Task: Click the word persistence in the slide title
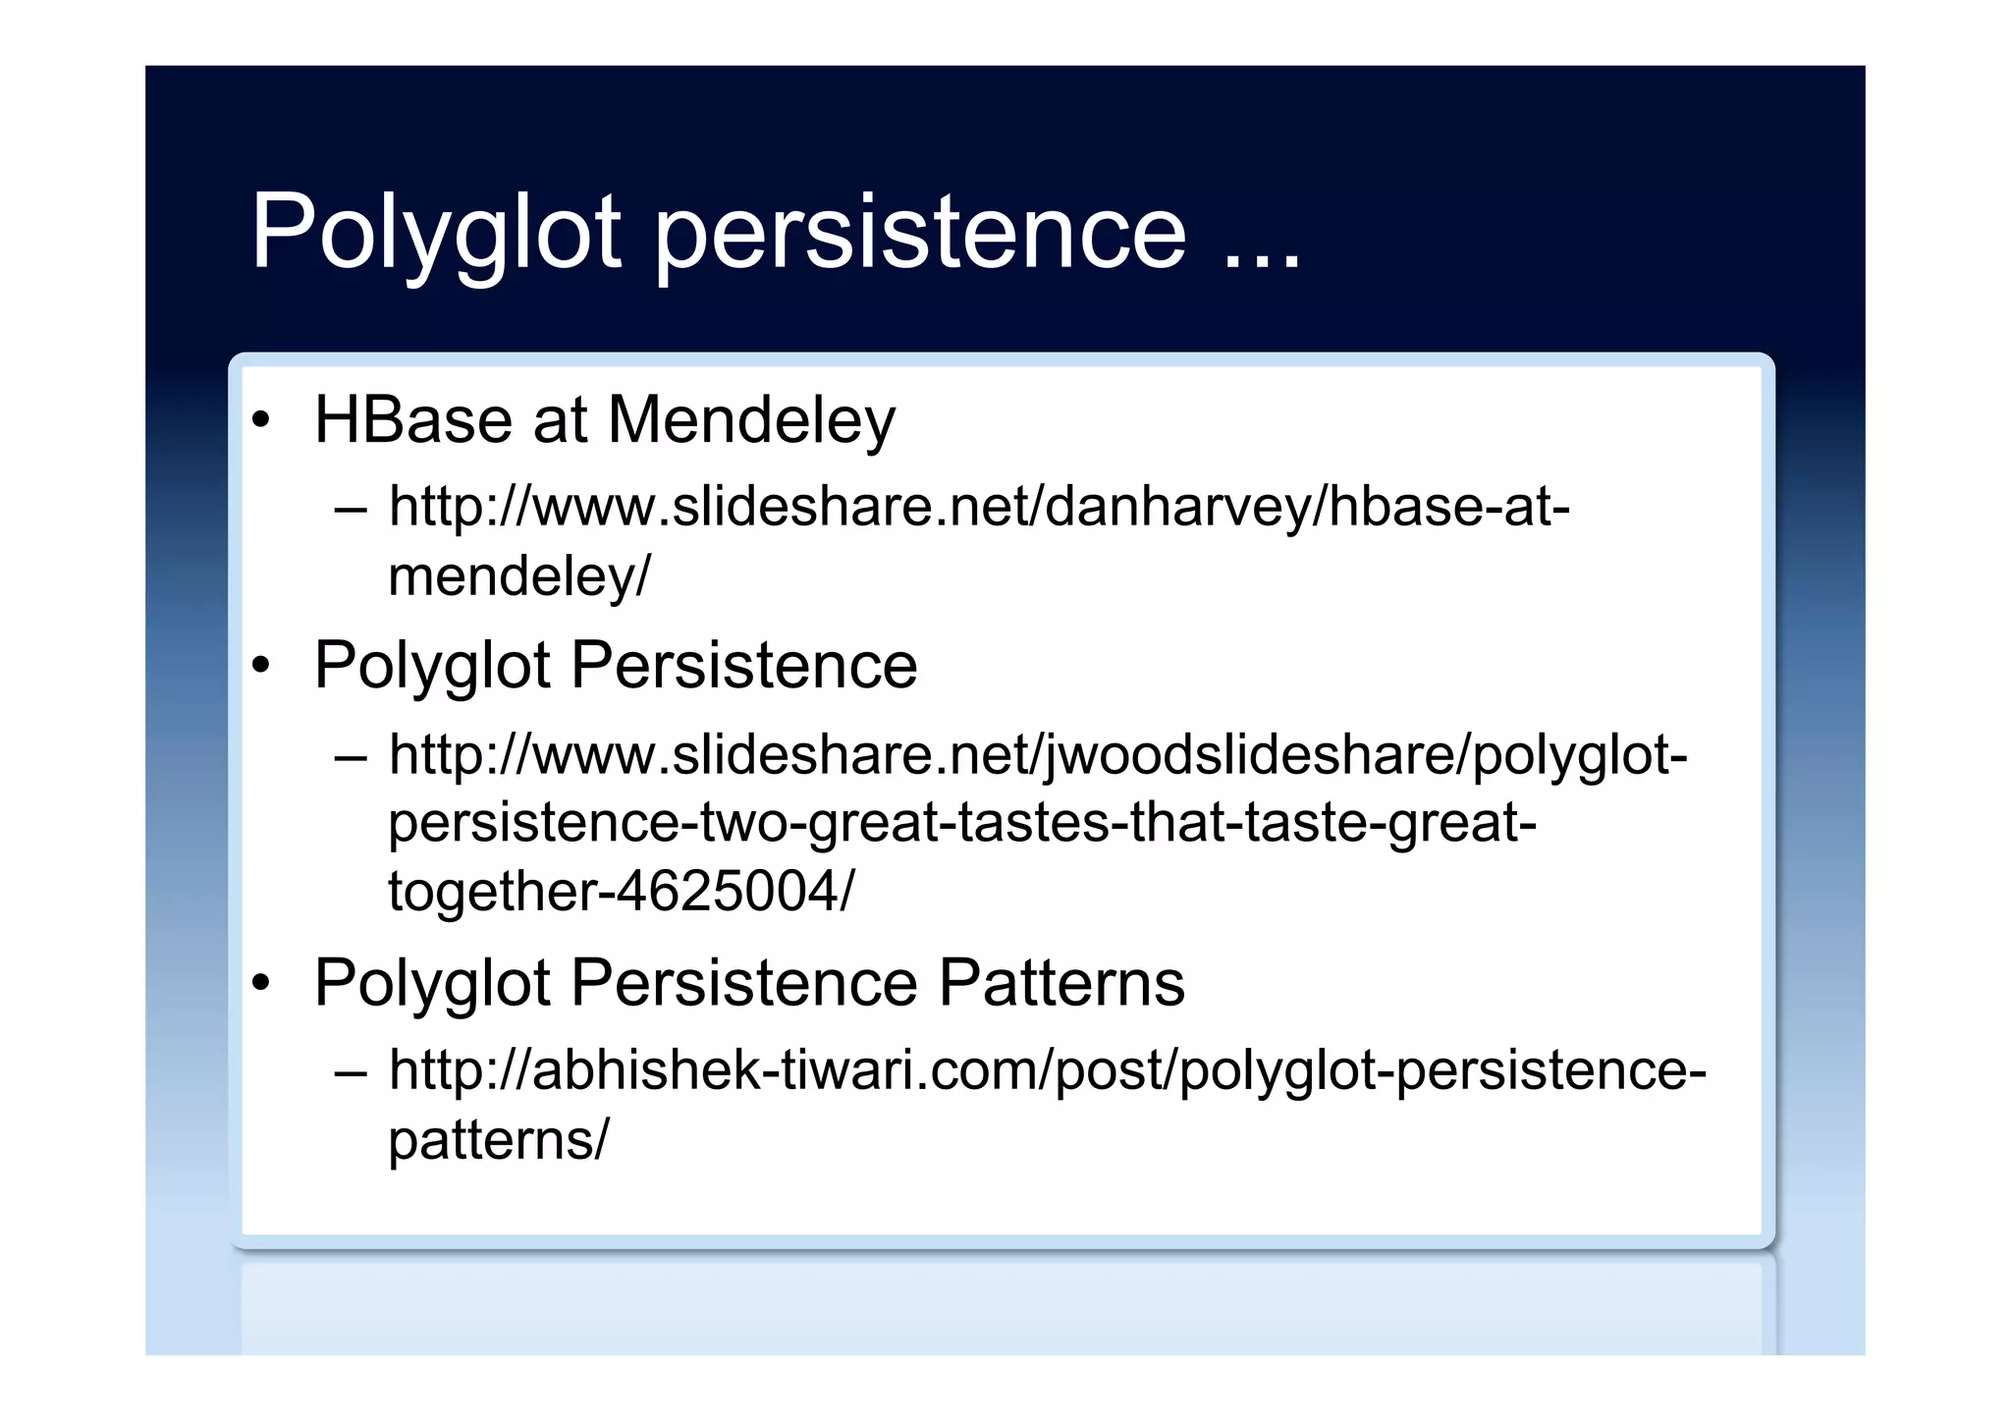[920, 234]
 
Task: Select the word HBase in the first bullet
[413, 420]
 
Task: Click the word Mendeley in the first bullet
[751, 420]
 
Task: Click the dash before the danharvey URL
[351, 511]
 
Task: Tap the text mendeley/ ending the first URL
[518, 576]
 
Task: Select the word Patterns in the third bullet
[1061, 982]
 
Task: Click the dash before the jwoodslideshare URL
[351, 758]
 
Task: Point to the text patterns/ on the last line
[499, 1139]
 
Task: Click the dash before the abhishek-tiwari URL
[351, 1072]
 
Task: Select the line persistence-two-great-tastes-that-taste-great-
[962, 823]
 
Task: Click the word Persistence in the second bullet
[743, 666]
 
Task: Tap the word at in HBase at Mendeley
[560, 420]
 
